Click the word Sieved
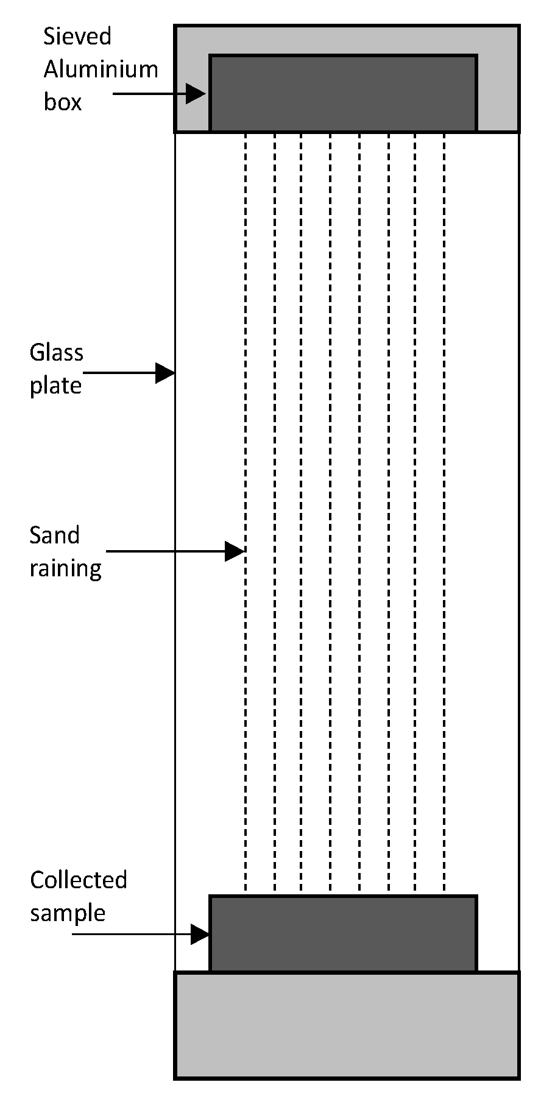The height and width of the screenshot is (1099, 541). (77, 37)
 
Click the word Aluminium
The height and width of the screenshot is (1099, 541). (101, 69)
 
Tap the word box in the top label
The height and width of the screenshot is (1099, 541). (62, 102)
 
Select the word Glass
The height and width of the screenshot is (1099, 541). (57, 353)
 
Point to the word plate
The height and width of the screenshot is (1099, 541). (55, 386)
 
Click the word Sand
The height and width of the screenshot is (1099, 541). (54, 535)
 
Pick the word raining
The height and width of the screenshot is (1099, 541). (65, 569)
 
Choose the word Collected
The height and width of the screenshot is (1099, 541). (79, 880)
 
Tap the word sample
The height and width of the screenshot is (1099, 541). (68, 913)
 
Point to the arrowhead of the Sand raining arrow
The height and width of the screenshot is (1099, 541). (235, 551)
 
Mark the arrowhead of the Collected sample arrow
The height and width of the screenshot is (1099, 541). (200, 934)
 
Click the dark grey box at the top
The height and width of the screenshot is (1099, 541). (343, 93)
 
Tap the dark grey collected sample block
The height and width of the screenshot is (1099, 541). (343, 933)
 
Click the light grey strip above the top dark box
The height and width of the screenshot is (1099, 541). (347, 40)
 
